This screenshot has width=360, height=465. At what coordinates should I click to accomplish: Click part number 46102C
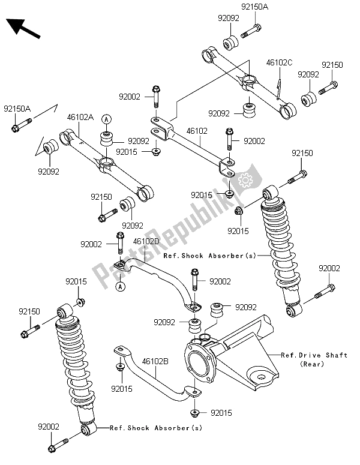279,62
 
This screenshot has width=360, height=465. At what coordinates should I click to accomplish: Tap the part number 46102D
146,241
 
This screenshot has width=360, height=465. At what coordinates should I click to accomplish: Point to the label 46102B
155,362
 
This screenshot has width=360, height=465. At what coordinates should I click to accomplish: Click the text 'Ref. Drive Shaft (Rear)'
314,359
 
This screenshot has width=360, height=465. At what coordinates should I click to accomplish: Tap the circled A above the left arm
105,119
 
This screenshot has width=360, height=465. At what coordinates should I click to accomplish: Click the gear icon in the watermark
245,179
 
